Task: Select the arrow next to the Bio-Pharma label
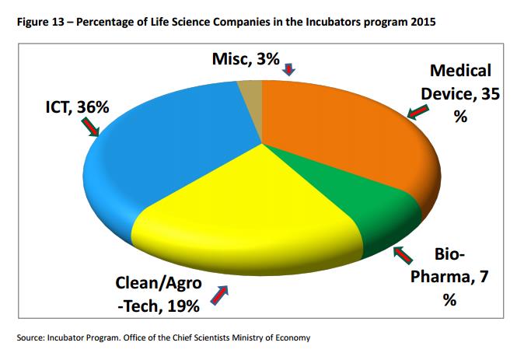tap(404, 256)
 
